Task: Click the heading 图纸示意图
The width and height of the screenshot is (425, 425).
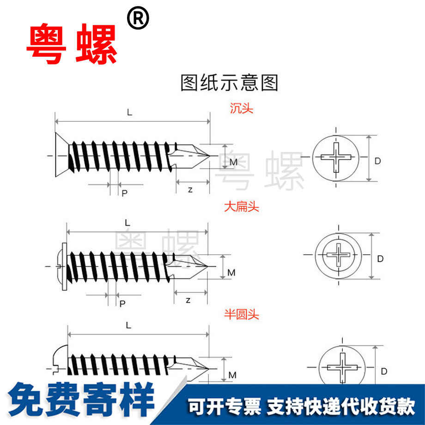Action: tap(229, 83)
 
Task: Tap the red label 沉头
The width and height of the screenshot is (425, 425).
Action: tap(242, 109)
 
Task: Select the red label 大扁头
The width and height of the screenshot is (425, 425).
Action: tap(242, 207)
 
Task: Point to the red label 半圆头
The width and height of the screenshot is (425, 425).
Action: tap(242, 315)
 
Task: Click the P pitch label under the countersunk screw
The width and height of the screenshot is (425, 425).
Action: tap(124, 193)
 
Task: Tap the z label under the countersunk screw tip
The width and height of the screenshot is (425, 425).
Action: tap(190, 190)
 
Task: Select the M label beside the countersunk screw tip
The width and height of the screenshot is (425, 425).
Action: tap(233, 162)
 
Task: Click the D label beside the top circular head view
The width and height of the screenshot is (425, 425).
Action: tap(377, 161)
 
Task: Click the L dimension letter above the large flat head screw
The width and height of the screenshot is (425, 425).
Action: tap(128, 222)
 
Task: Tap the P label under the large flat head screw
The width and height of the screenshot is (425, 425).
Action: tap(122, 304)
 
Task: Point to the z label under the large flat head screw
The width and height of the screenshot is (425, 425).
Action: tap(188, 300)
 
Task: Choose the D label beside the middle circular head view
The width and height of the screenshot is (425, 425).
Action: tap(380, 259)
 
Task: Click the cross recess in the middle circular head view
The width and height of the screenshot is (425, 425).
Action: tap(338, 255)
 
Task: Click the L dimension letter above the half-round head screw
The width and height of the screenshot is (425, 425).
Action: tap(128, 325)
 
